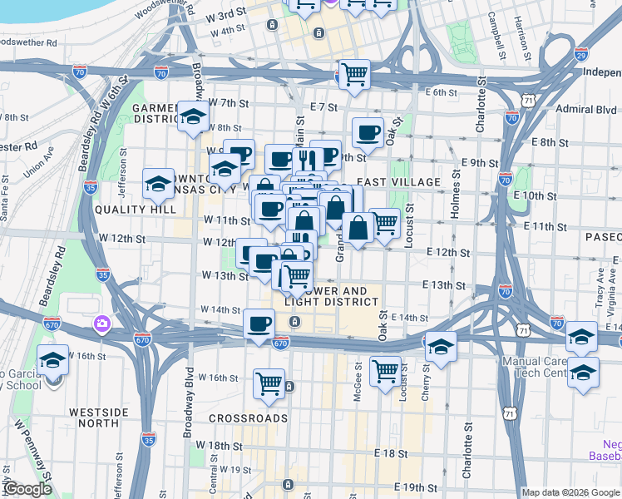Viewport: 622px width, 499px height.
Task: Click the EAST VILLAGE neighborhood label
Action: (398, 181)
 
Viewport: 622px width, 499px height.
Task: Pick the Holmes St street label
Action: (455, 196)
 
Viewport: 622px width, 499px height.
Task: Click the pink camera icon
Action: (102, 323)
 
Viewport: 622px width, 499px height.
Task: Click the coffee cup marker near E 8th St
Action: (367, 132)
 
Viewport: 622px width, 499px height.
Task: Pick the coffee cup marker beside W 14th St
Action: (259, 324)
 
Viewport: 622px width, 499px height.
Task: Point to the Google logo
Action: (27, 489)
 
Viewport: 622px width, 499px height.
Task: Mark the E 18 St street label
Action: (391, 454)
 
